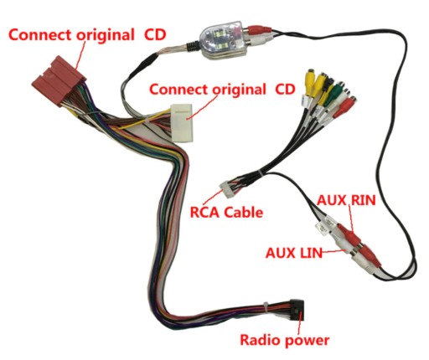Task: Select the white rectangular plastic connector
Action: pyautogui.click(x=182, y=123)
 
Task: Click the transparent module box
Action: pyautogui.click(x=223, y=40)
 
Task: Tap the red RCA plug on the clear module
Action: pyautogui.click(x=257, y=29)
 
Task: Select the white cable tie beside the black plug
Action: pyautogui.click(x=266, y=307)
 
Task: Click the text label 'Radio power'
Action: pyautogui.click(x=285, y=340)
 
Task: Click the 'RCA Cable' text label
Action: pyautogui.click(x=226, y=213)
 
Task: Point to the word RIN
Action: pyautogui.click(x=364, y=200)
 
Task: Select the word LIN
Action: pyautogui.click(x=309, y=253)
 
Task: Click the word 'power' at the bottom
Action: pyautogui.click(x=307, y=342)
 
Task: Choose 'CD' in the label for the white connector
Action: pyautogui.click(x=285, y=90)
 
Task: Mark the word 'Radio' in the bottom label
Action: pyautogui.click(x=260, y=340)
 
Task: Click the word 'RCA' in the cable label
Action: pyautogui.click(x=205, y=213)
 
